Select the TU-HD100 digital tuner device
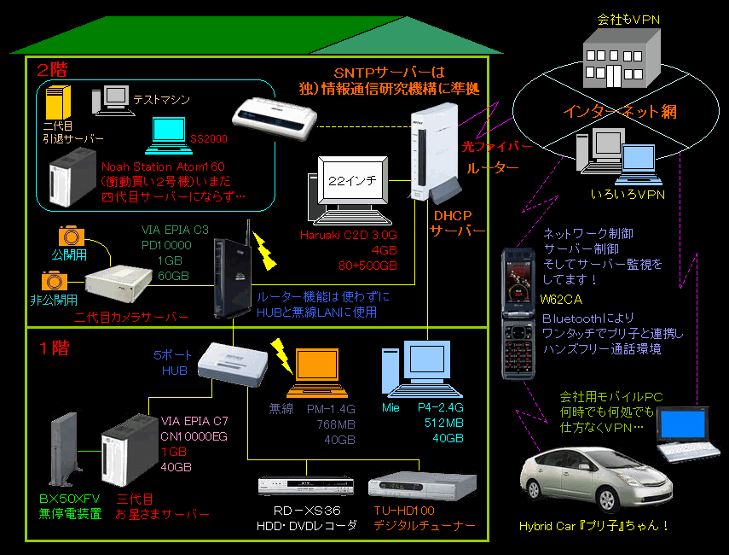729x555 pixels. [x=418, y=487]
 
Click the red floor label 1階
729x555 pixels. [x=54, y=348]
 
